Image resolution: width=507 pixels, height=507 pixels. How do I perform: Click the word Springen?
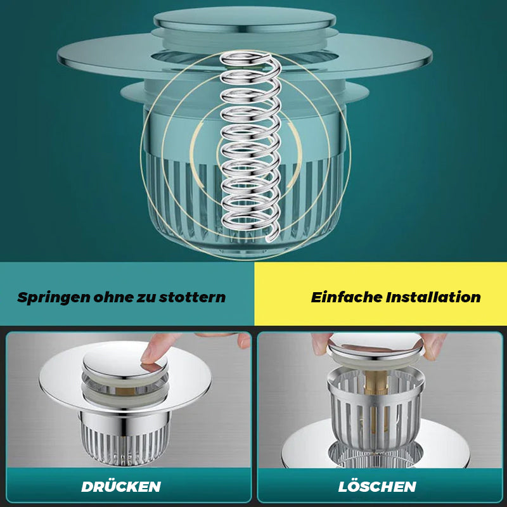click(53, 298)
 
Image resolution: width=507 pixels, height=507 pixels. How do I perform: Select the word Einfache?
click(346, 297)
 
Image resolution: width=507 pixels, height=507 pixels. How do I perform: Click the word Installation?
click(433, 297)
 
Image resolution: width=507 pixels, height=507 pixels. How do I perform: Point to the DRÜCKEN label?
click(121, 487)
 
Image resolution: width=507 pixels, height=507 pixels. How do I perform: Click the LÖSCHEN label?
click(377, 487)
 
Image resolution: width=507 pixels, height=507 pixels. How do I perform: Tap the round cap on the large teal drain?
click(245, 20)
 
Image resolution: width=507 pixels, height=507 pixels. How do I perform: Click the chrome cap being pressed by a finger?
click(125, 361)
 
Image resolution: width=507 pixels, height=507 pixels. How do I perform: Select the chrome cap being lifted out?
click(375, 347)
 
